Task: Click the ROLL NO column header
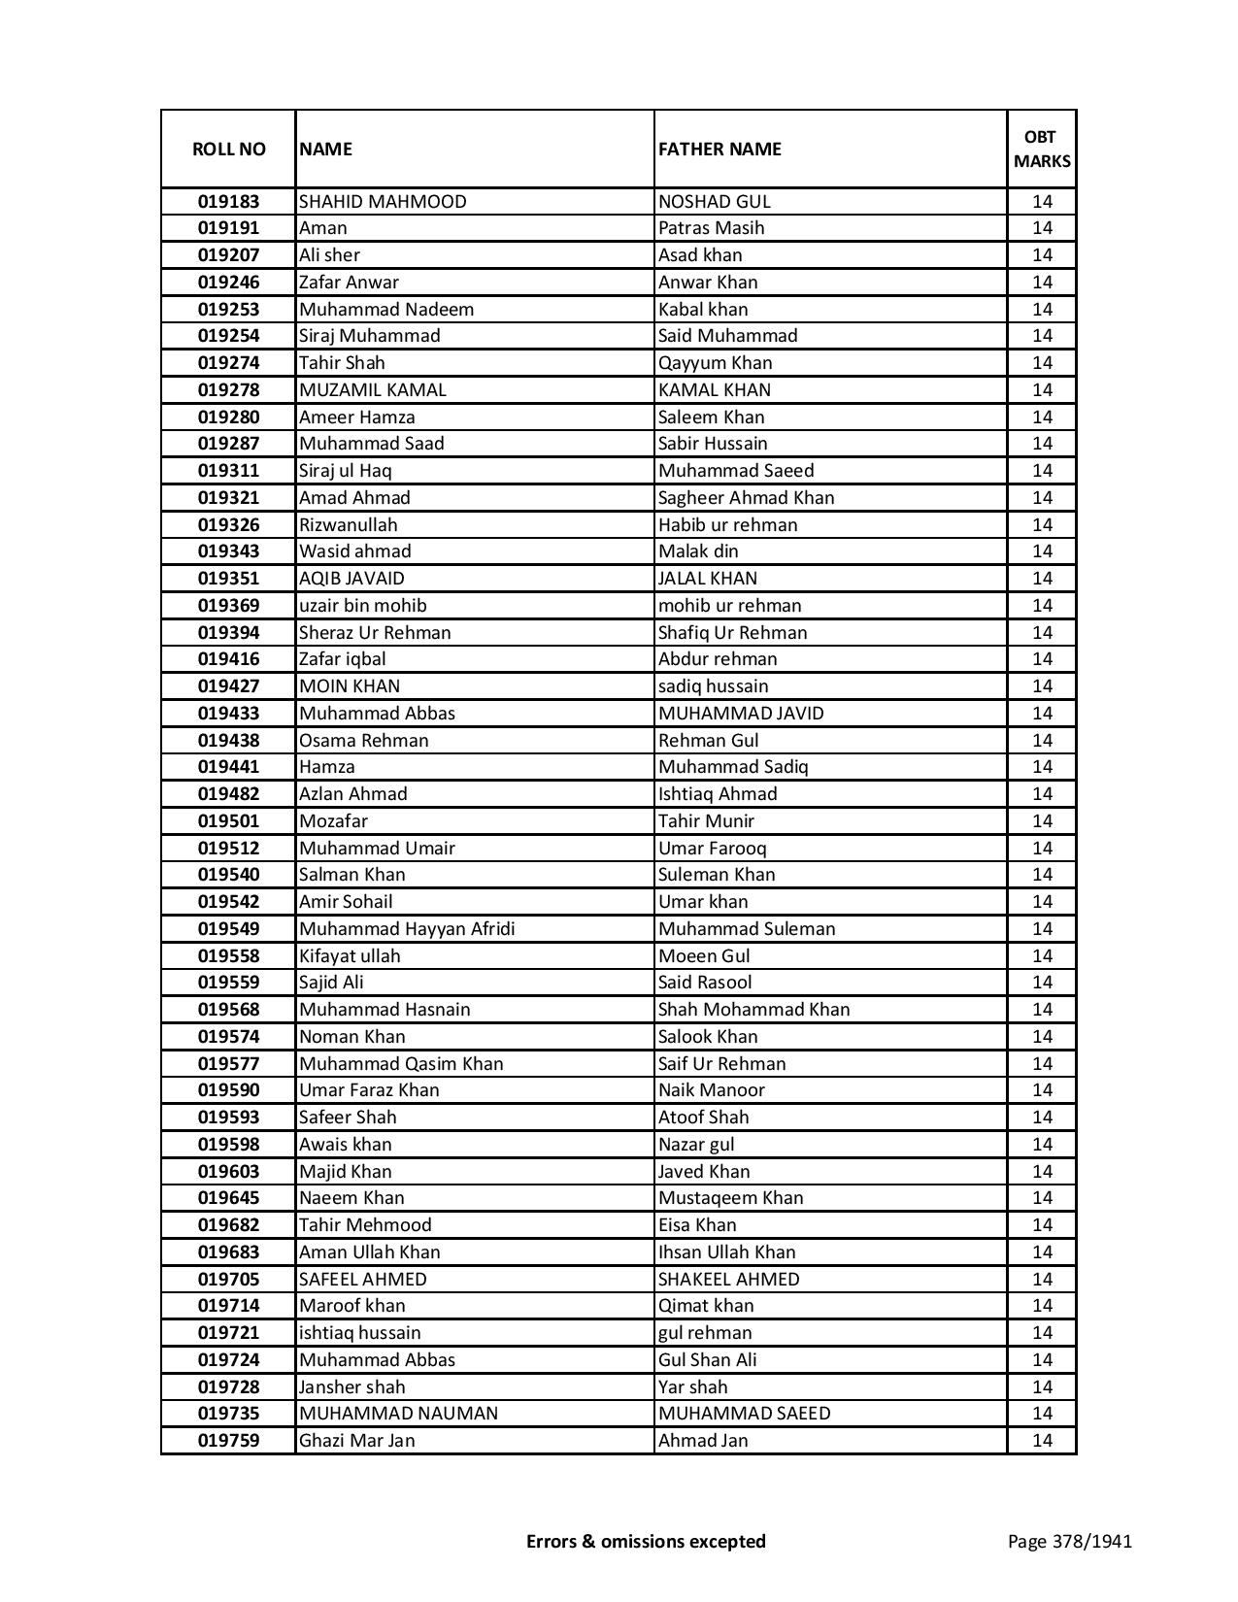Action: coord(228,149)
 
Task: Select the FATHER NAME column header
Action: coord(719,149)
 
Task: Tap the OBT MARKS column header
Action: coord(1042,149)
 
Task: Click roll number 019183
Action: coord(228,202)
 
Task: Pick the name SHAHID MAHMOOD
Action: coord(383,202)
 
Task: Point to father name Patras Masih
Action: coord(711,228)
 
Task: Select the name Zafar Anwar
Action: coord(349,283)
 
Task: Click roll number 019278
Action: coord(228,390)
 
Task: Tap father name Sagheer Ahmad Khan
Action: coord(746,498)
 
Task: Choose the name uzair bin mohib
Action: coord(362,606)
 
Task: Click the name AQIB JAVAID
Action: coord(351,579)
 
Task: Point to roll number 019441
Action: coord(228,767)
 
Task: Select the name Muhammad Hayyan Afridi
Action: coord(407,929)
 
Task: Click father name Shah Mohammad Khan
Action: coord(753,1010)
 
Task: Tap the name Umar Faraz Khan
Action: coord(369,1090)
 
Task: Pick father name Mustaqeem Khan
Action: coord(730,1198)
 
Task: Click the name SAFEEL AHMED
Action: coord(362,1280)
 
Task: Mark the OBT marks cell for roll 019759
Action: coord(1042,1441)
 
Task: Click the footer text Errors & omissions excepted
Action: coord(646,1541)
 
